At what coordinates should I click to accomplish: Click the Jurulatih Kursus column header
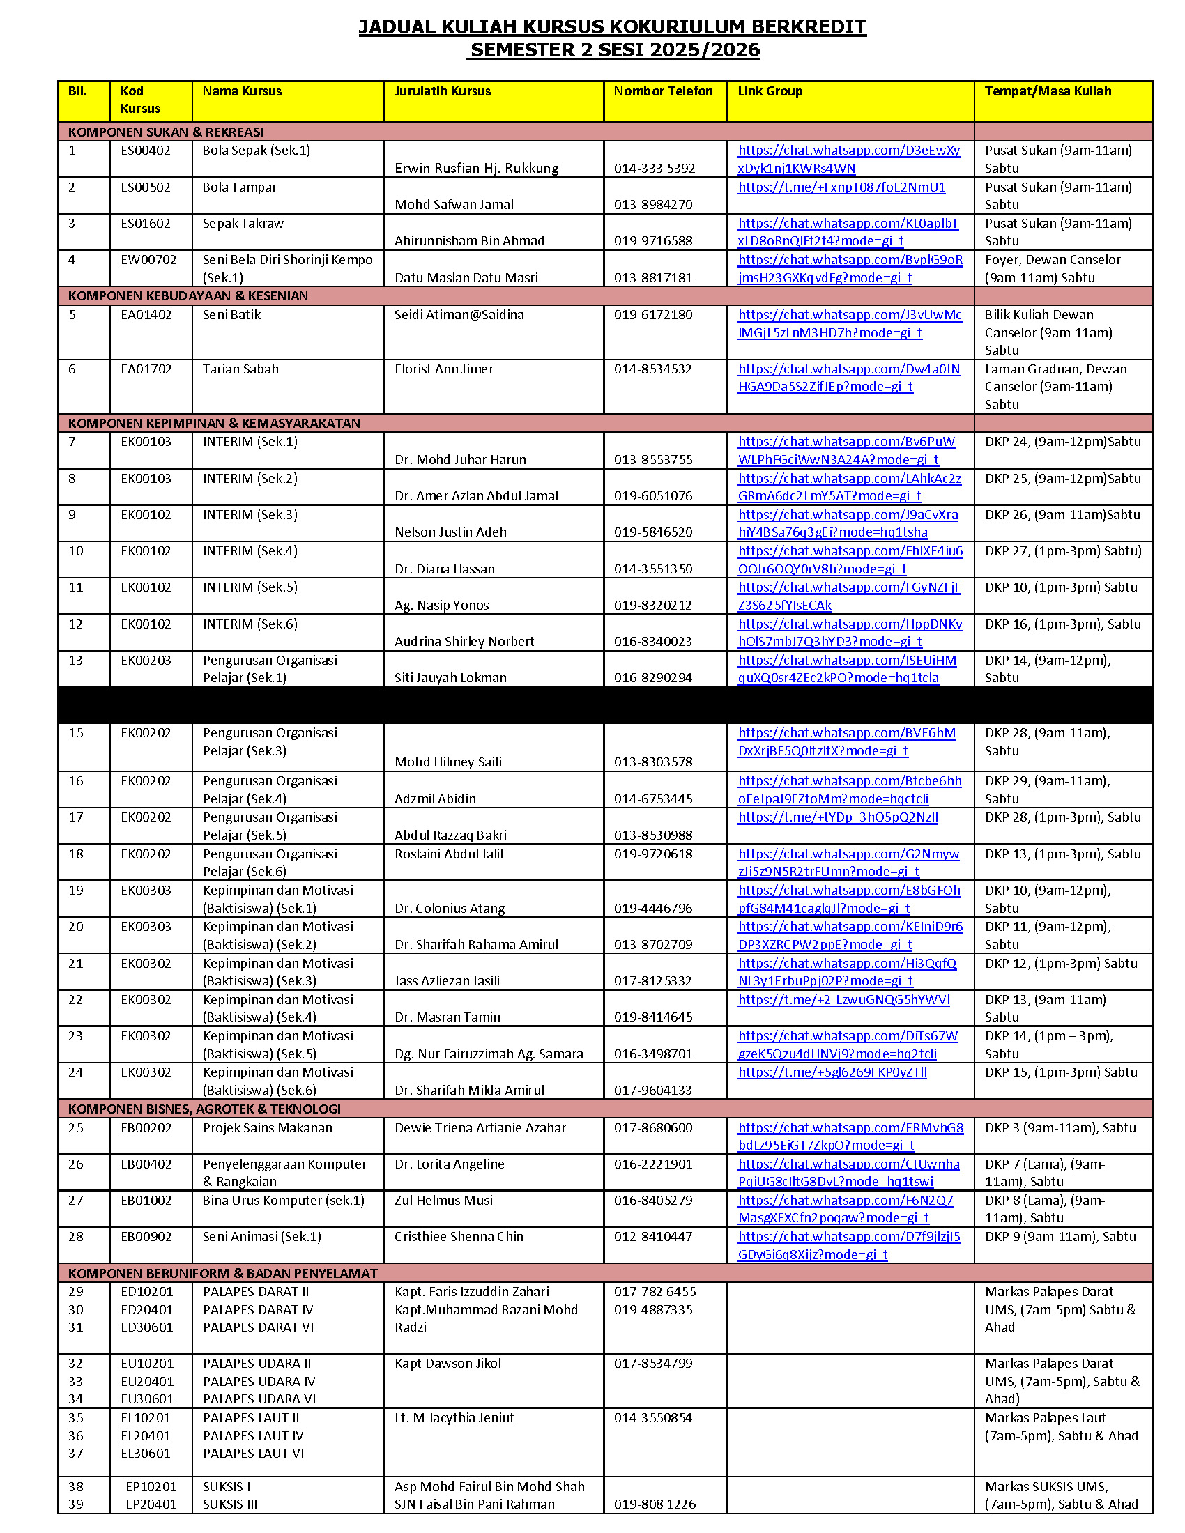pyautogui.click(x=442, y=91)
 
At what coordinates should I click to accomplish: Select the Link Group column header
pyautogui.click(x=770, y=91)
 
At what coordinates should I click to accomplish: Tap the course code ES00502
pyautogui.click(x=145, y=187)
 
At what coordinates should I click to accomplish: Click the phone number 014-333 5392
pyautogui.click(x=655, y=169)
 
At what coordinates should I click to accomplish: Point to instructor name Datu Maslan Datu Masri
pyautogui.click(x=466, y=277)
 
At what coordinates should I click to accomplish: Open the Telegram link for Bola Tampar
pyautogui.click(x=841, y=187)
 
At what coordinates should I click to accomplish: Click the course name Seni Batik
pyautogui.click(x=231, y=315)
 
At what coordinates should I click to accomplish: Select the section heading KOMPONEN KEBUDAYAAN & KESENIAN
pyautogui.click(x=188, y=296)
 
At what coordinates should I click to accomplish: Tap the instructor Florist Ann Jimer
pyautogui.click(x=443, y=369)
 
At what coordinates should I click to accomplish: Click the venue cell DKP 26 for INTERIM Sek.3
pyautogui.click(x=1062, y=514)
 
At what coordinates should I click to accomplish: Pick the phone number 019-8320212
pyautogui.click(x=653, y=605)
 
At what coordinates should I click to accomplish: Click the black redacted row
pyautogui.click(x=604, y=704)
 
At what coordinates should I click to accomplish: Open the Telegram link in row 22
pyautogui.click(x=844, y=999)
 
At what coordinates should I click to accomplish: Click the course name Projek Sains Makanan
pyautogui.click(x=268, y=1128)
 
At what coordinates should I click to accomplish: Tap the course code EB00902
pyautogui.click(x=146, y=1237)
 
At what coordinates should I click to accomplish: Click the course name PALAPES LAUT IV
pyautogui.click(x=253, y=1436)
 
